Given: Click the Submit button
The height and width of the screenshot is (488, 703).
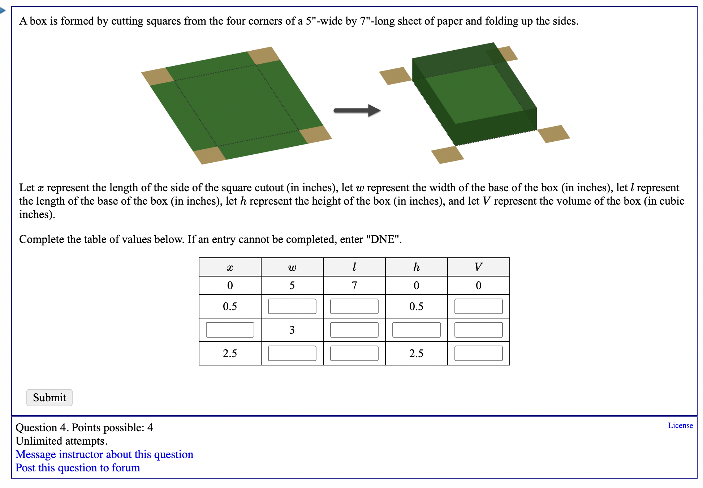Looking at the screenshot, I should (x=49, y=398).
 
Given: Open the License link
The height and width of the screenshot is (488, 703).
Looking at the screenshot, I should (x=680, y=425).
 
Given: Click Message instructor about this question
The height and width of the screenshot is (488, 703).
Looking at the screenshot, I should (x=104, y=454).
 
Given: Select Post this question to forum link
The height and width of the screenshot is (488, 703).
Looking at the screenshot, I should (x=78, y=468).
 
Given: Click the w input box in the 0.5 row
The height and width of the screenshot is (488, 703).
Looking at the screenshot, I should (x=292, y=307).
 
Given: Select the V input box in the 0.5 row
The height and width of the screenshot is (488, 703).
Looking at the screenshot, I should (x=478, y=307).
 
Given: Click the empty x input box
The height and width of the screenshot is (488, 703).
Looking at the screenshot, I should (x=230, y=330).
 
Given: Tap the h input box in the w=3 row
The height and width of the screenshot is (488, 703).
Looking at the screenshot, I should (x=416, y=330).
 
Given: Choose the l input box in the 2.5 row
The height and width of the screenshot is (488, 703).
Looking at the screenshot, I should (x=354, y=354).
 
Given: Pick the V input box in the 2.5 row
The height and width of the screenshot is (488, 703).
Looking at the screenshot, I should (x=478, y=354).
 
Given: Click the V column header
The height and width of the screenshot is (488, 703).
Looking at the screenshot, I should (x=478, y=267).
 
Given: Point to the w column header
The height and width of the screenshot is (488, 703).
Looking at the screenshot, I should (x=292, y=267).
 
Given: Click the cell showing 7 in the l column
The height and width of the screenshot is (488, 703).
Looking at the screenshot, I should (x=354, y=286).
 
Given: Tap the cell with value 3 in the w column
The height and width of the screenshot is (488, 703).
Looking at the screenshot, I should (x=292, y=330).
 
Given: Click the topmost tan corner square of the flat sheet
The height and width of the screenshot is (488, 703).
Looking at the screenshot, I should (x=264, y=55).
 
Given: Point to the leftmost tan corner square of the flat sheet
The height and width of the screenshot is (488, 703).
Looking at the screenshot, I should (x=158, y=76).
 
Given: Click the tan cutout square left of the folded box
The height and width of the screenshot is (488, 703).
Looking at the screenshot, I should (x=395, y=76).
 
